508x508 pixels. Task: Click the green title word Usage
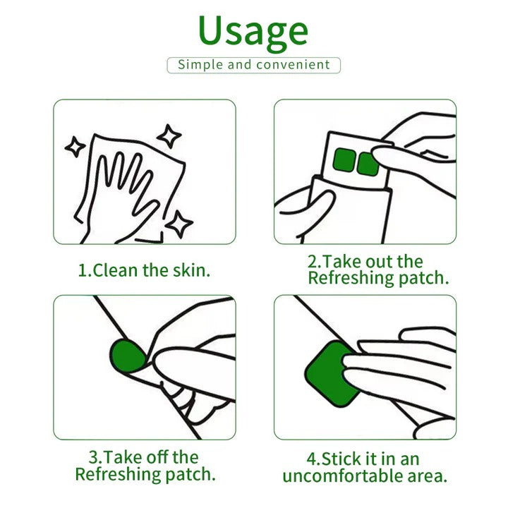click(x=253, y=32)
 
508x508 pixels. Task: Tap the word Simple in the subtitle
click(x=200, y=65)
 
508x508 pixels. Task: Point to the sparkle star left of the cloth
click(x=75, y=147)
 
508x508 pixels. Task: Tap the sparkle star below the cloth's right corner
click(x=181, y=224)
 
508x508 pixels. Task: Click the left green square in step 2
click(x=344, y=160)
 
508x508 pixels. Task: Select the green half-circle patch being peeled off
click(x=127, y=356)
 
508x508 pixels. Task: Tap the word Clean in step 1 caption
click(x=116, y=270)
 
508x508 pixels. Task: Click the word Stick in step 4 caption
click(x=343, y=458)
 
